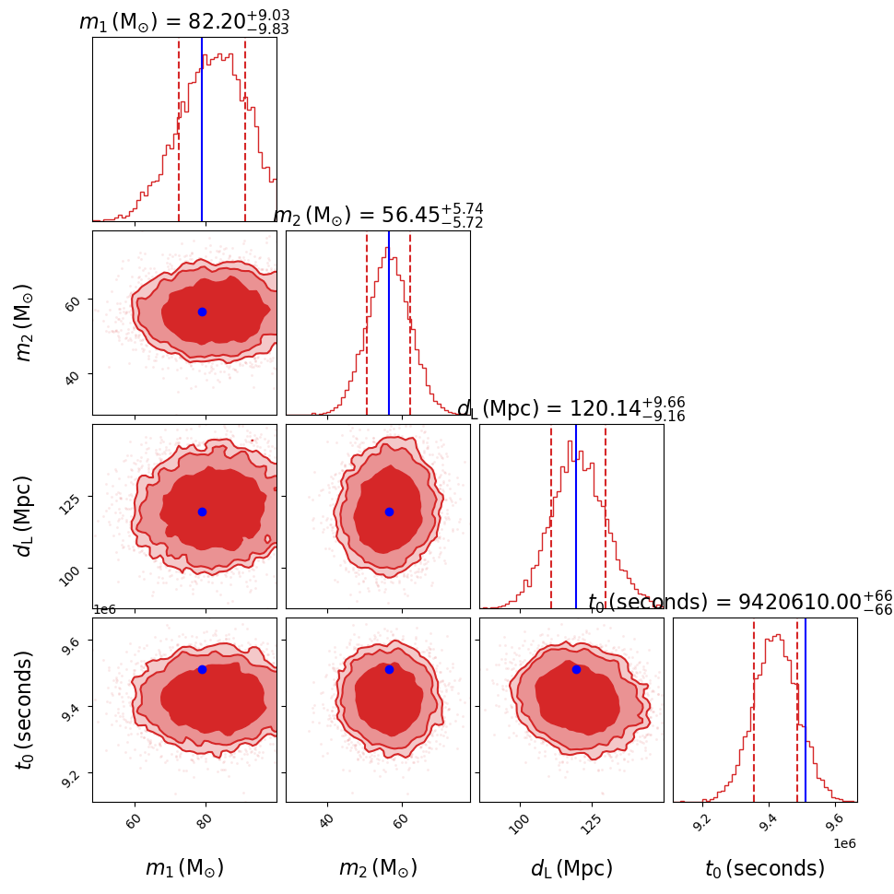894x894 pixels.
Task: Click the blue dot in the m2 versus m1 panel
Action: pyautogui.click(x=202, y=312)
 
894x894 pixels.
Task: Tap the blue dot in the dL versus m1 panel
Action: pyautogui.click(x=202, y=512)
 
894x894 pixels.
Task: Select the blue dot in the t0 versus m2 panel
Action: pyautogui.click(x=389, y=669)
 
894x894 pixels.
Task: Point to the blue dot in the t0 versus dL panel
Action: pyautogui.click(x=576, y=669)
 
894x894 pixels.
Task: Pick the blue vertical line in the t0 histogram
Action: pyautogui.click(x=806, y=710)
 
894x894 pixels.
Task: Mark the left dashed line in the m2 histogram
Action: pyautogui.click(x=367, y=323)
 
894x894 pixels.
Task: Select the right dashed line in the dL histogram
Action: pyautogui.click(x=606, y=516)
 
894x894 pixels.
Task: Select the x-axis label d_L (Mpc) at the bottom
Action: pyautogui.click(x=571, y=868)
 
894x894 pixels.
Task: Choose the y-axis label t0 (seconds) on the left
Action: pyautogui.click(x=25, y=710)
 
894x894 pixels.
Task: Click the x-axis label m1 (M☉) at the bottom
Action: pyautogui.click(x=184, y=868)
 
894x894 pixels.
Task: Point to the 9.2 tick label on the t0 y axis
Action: pyautogui.click(x=76, y=774)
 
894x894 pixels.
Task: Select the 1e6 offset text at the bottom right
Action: pyautogui.click(x=844, y=842)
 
